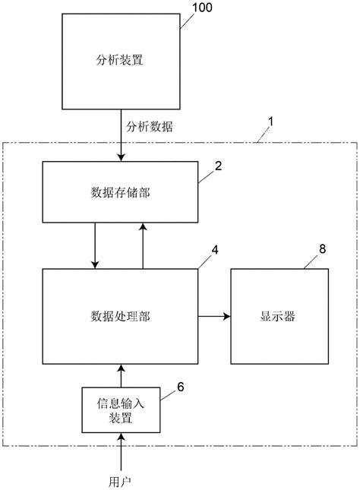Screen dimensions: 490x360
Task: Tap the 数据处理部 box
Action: pos(121,315)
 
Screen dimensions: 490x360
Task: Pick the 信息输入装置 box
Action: pos(121,407)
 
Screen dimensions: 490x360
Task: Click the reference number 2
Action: pos(218,165)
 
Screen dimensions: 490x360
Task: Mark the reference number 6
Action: pos(181,387)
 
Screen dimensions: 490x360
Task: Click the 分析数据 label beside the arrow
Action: pos(150,127)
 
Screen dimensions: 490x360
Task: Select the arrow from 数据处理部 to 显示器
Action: pos(215,315)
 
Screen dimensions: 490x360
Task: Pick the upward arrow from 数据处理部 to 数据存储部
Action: pos(144,244)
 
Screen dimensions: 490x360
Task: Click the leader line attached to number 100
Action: pos(187,19)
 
